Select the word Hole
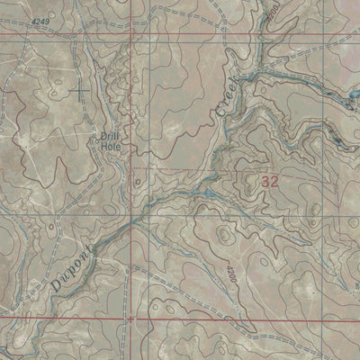(x=111, y=147)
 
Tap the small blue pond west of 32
(x=209, y=193)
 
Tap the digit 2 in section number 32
(x=275, y=181)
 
